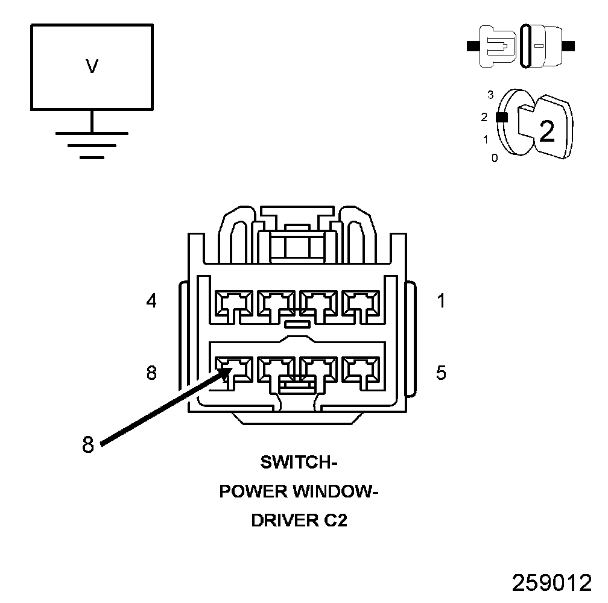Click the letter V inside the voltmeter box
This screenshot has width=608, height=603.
coord(92,66)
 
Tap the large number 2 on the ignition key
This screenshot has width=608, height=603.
coord(546,131)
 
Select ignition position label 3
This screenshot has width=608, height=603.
coord(490,95)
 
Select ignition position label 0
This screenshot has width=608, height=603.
coord(495,159)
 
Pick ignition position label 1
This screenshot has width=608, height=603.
coord(486,140)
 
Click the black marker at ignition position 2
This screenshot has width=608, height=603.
coord(500,118)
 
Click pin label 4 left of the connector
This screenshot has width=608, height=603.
coord(151,300)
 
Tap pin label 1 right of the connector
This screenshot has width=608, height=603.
coord(442,300)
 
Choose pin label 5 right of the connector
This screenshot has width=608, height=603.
coord(442,373)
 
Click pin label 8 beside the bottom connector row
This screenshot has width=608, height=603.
coord(151,373)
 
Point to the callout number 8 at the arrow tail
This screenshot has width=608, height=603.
coord(88,445)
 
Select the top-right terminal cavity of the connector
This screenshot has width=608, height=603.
coord(361,303)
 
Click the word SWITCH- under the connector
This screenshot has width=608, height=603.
coord(299,463)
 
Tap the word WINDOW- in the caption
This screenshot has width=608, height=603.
coord(335,491)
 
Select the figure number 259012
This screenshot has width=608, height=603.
coord(552,582)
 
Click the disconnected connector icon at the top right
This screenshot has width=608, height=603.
coord(522,45)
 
